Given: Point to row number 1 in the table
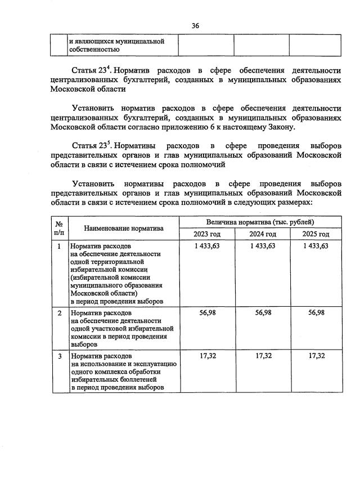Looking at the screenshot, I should [x=60, y=246].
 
